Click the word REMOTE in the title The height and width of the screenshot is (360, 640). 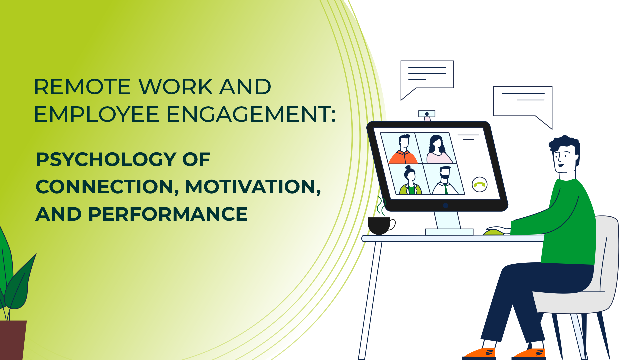tap(82, 87)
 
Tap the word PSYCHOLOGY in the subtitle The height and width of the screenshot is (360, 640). tap(106, 160)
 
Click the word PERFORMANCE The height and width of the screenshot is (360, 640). tap(168, 214)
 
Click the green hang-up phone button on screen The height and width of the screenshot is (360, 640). tap(480, 184)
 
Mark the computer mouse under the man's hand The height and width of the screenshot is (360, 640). tap(495, 231)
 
